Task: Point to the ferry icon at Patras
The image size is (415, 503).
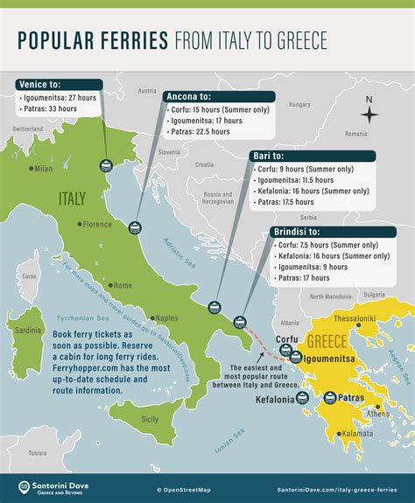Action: [x=330, y=398]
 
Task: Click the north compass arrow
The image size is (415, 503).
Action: [x=370, y=112]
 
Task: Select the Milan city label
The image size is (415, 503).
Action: [x=41, y=168]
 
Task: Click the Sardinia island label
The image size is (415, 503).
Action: [x=28, y=330]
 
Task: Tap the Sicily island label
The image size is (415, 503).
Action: [x=150, y=419]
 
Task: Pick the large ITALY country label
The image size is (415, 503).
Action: [x=71, y=198]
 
